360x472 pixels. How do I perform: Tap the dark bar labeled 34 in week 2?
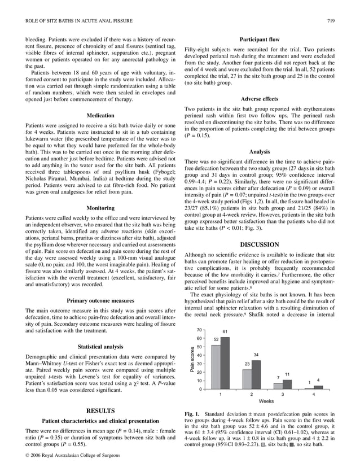(x=256, y=374)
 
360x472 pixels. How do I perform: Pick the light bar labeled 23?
(x=247, y=379)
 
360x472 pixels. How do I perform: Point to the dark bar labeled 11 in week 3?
(x=287, y=384)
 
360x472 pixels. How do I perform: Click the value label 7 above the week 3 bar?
(x=278, y=377)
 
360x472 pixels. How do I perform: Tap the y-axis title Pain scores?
(x=191, y=360)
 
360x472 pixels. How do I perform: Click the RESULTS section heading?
(x=101, y=410)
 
